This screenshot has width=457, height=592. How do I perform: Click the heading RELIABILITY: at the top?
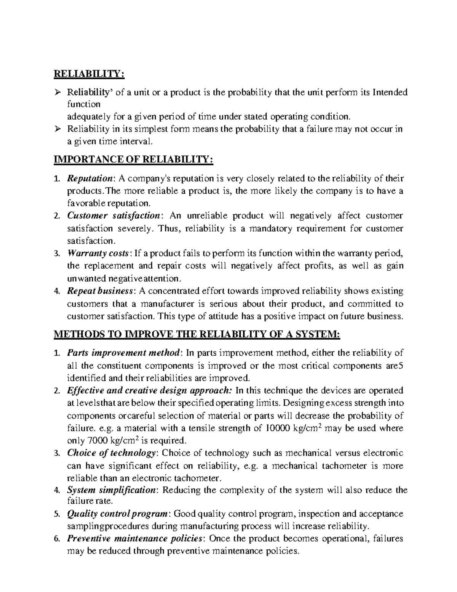point(89,74)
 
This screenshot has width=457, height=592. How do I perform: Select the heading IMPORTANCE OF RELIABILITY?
point(134,160)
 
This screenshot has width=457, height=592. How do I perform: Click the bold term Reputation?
point(90,178)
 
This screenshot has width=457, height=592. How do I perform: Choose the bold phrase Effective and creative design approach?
point(149,390)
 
